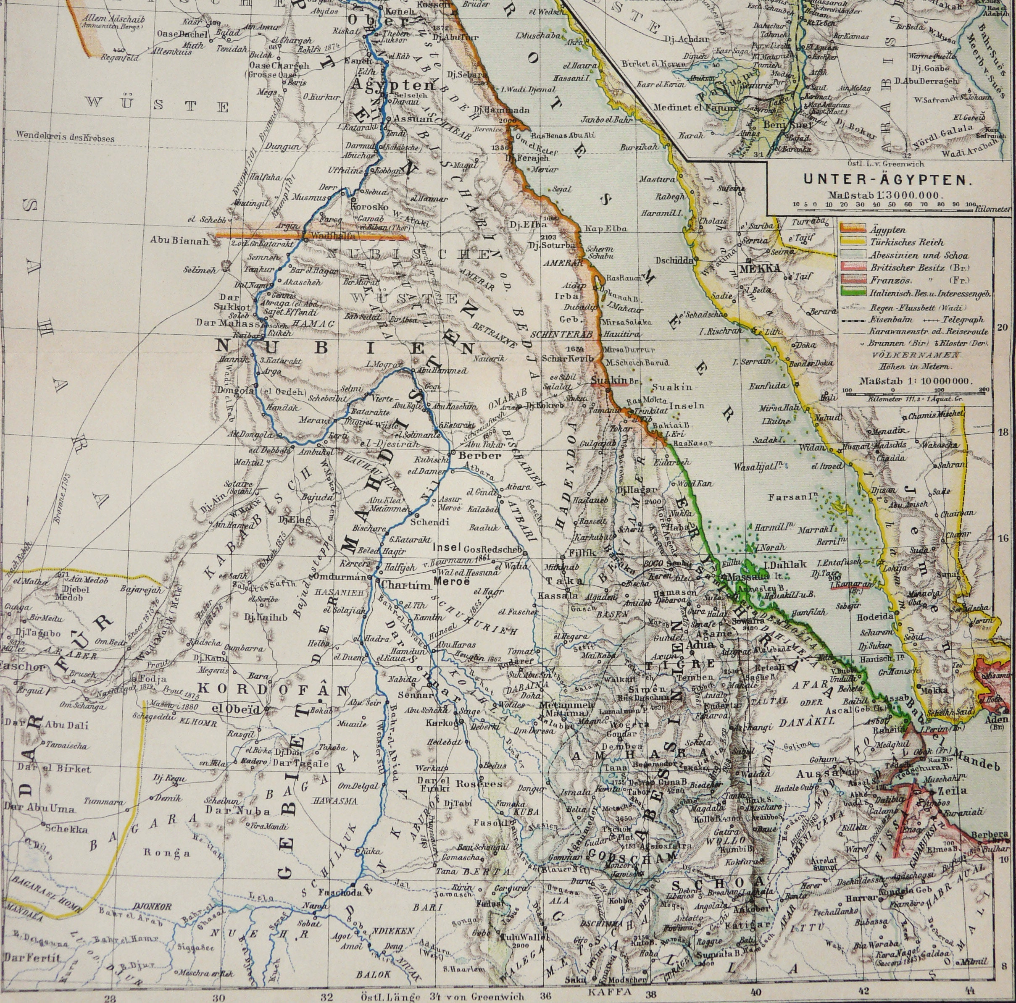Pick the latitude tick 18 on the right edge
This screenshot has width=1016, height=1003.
tap(1002, 432)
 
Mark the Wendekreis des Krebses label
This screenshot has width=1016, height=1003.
tap(65, 138)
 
